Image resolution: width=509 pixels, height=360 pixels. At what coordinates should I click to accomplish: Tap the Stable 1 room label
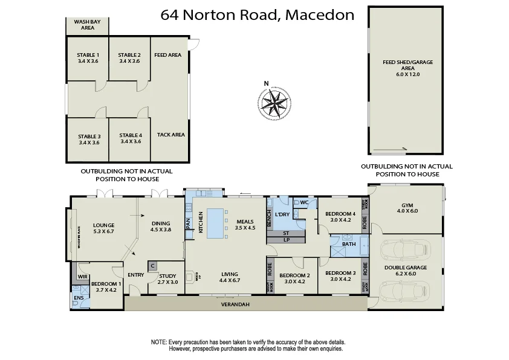tap(88, 58)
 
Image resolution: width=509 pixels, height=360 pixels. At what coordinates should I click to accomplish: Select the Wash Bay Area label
tap(87, 24)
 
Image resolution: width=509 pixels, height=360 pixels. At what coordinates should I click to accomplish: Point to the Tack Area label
tap(170, 135)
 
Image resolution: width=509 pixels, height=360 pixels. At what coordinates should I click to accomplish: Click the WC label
tap(304, 202)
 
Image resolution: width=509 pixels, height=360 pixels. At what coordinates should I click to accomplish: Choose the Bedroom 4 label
tap(340, 217)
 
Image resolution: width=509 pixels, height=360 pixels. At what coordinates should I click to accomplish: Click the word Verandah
tap(235, 304)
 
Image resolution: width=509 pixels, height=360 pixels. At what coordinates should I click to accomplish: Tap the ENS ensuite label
tap(79, 298)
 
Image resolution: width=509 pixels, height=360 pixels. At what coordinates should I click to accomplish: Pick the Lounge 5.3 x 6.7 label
tap(103, 228)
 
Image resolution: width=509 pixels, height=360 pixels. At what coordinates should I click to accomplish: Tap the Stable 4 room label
tap(130, 138)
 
